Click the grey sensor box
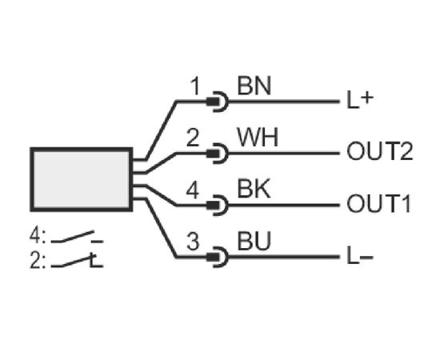81,179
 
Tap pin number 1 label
194,86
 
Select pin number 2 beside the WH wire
193,138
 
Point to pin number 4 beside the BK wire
193,190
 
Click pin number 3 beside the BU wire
193,241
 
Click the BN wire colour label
254,86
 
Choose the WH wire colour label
258,138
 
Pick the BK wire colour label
254,190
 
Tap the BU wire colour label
254,241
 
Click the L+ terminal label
360,100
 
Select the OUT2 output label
380,151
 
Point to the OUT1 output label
379,203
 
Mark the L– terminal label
360,256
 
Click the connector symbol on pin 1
218,102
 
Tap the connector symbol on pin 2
218,154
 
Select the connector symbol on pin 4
218,206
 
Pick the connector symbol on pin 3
218,257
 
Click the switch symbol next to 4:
77,237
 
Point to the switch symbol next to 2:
77,260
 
